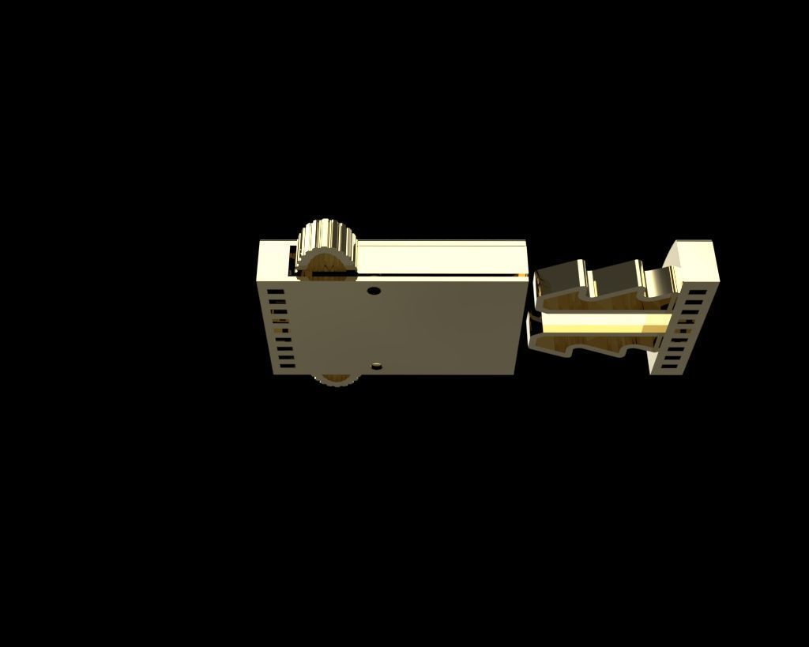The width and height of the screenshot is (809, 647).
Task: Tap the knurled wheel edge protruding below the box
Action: point(334,380)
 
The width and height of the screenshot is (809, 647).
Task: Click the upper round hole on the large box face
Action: point(374,291)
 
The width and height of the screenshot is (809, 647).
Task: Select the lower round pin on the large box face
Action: point(377,365)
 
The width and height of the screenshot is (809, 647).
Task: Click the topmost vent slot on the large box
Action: point(276,292)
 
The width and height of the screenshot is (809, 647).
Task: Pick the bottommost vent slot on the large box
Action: point(286,365)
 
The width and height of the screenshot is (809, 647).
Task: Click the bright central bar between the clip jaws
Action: point(600,322)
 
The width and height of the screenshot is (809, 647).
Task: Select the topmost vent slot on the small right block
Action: point(698,292)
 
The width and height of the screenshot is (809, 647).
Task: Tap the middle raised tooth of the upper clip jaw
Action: point(616,273)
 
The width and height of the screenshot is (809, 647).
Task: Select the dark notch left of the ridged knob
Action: point(293,261)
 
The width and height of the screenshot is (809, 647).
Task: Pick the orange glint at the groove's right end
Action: point(521,274)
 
